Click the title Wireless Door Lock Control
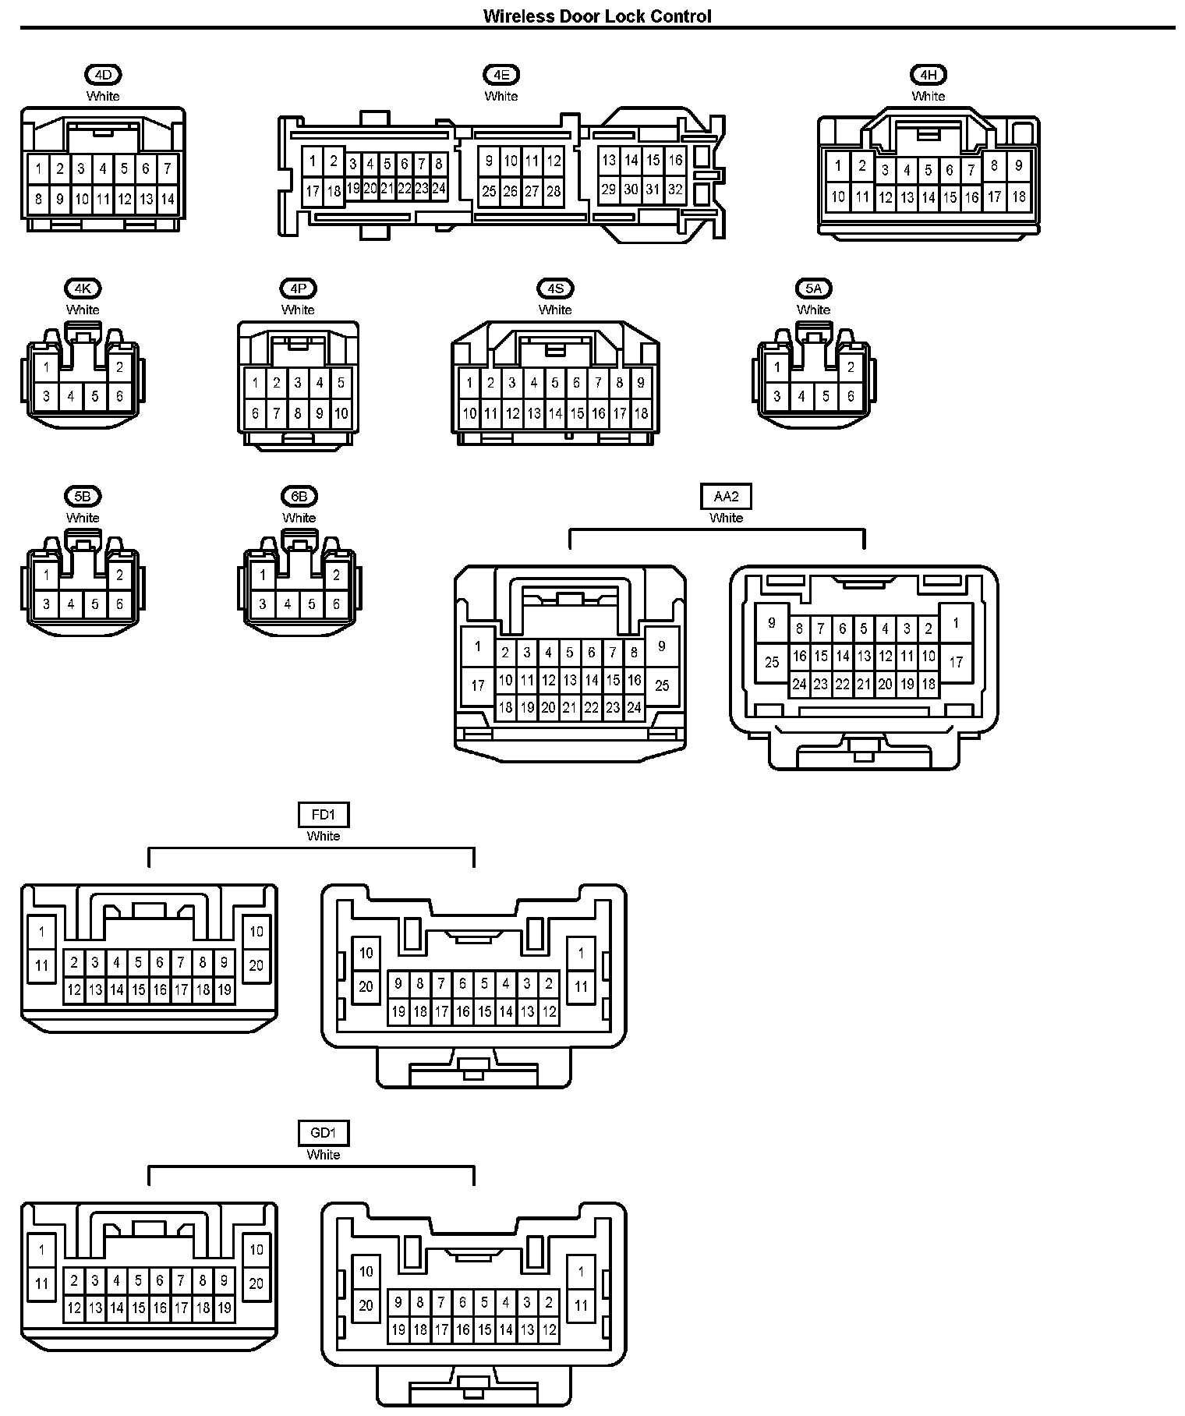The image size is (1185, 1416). [597, 16]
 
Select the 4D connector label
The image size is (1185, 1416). [104, 75]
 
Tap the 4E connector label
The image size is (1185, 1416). [501, 75]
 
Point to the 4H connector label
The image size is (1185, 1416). [928, 75]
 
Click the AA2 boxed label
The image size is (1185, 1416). [726, 496]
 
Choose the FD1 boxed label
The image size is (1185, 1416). [324, 815]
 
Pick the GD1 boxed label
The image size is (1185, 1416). [324, 1133]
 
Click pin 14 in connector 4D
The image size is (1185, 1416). [168, 199]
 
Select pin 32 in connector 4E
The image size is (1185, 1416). [675, 189]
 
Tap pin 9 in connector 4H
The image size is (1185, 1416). [1018, 165]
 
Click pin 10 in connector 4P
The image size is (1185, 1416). [341, 413]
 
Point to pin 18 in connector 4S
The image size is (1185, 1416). [641, 413]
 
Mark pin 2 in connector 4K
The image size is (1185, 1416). [119, 367]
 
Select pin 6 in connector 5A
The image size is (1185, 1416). [851, 396]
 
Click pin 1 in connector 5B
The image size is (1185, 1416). [47, 575]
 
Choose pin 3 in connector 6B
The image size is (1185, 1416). [264, 604]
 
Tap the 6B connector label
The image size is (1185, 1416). [299, 496]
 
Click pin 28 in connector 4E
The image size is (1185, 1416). [554, 191]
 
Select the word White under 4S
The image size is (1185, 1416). [555, 310]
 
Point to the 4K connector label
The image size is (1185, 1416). [83, 289]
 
